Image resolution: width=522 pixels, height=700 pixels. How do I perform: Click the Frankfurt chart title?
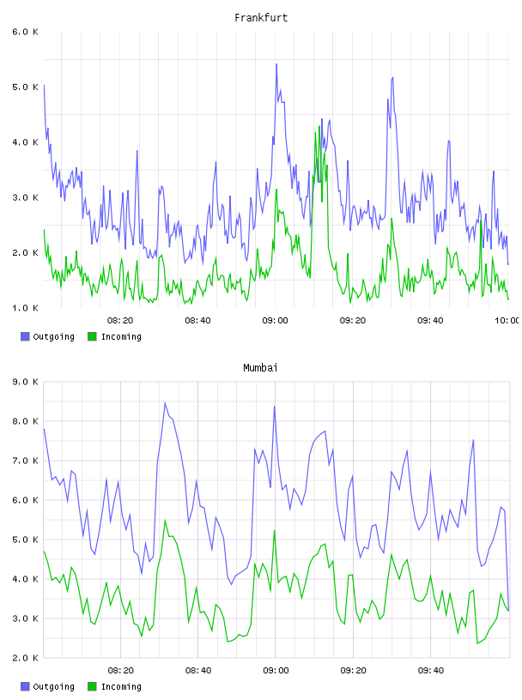(261, 18)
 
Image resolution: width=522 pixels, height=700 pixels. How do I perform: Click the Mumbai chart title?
(260, 368)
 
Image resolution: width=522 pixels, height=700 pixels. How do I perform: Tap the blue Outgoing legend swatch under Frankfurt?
(25, 336)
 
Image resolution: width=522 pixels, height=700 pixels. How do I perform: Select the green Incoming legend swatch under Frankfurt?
(92, 336)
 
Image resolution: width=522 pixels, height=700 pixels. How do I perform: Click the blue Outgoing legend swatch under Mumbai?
(25, 686)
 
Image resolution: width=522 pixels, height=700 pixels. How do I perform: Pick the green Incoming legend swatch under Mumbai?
(92, 686)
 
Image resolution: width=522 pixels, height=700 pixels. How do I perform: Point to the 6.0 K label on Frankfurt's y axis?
(26, 32)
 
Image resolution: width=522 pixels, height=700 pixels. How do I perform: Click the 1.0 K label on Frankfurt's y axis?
(26, 308)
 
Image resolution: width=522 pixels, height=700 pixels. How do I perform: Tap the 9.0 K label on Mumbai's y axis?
(26, 382)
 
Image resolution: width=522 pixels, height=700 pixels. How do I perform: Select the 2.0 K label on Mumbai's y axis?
(26, 658)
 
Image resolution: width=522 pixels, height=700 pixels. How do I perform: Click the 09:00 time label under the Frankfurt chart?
(276, 321)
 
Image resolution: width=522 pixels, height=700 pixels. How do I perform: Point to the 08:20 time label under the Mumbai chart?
(121, 671)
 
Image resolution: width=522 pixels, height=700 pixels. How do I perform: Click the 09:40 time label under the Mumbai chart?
(431, 671)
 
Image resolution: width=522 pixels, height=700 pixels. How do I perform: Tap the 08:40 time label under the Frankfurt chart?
(197, 321)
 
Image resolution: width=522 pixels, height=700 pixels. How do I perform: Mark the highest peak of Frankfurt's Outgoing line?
(276, 63)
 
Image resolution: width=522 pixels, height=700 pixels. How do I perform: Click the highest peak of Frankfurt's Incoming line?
(319, 126)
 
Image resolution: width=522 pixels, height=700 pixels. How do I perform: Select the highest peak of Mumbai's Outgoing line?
(165, 402)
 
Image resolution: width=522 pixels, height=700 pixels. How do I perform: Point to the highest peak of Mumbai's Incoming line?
(165, 520)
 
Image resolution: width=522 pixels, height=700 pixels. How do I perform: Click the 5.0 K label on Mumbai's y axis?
(26, 540)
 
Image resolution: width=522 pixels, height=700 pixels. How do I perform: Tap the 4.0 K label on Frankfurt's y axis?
(26, 142)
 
